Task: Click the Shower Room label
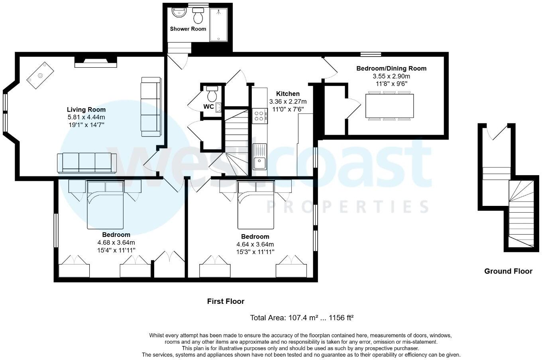click(x=188, y=29)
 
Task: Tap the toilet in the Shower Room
click(x=198, y=16)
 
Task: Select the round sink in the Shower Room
click(x=179, y=13)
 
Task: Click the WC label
click(x=208, y=106)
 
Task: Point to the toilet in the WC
click(x=212, y=94)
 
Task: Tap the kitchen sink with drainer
click(x=259, y=157)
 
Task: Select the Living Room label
click(x=86, y=110)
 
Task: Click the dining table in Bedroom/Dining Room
click(x=390, y=106)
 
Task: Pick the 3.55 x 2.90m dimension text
click(x=391, y=76)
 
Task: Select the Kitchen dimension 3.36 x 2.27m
click(x=288, y=102)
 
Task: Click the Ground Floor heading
click(x=508, y=271)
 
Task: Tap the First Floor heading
click(x=226, y=301)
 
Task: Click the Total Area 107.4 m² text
click(x=302, y=318)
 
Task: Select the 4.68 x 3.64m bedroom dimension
click(x=116, y=243)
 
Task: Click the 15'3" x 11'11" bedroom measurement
click(x=255, y=252)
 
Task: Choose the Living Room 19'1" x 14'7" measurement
click(x=86, y=124)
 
